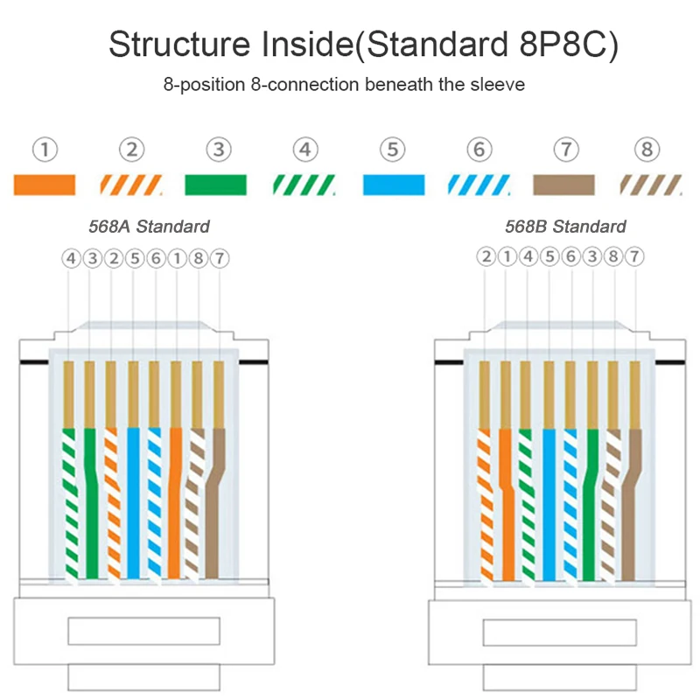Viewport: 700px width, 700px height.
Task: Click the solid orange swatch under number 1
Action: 45,185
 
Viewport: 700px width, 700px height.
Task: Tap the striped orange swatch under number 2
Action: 131,185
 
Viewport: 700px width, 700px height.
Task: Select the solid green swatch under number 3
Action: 216,185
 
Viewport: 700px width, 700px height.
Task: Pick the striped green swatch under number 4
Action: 303,185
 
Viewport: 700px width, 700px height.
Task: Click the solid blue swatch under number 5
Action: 394,185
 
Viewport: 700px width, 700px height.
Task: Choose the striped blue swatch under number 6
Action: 479,185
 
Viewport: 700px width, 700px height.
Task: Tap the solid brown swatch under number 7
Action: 564,185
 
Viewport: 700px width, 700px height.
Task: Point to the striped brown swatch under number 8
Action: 649,185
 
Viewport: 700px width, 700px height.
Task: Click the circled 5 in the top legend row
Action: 394,150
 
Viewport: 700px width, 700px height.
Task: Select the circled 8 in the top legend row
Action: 648,150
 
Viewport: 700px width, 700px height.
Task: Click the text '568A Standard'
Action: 149,227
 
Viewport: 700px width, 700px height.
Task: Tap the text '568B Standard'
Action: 565,227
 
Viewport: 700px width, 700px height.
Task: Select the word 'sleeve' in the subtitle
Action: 497,85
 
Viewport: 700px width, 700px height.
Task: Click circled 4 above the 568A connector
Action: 71,258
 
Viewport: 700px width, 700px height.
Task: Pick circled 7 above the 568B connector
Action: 635,257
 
